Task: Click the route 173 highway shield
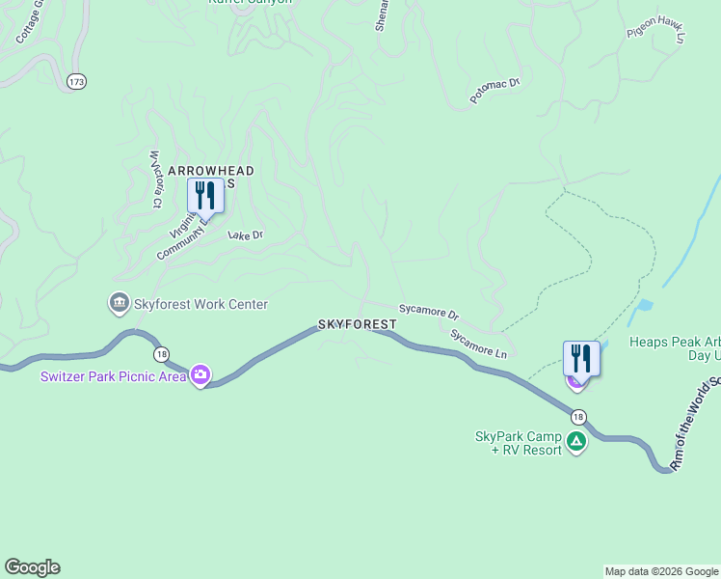77,82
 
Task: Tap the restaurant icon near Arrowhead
205,195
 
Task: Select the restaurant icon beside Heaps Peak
581,358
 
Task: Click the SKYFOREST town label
358,324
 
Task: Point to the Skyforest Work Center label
200,304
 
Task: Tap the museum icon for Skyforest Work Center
119,304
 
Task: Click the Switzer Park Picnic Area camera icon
200,374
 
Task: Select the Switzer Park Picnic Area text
113,376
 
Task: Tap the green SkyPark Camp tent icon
576,442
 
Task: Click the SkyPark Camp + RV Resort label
519,443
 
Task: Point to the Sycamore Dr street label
429,315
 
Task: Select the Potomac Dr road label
494,91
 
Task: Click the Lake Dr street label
245,234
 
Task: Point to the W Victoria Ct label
154,179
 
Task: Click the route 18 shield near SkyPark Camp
577,416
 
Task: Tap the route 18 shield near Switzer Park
161,354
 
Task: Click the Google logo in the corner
32,567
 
